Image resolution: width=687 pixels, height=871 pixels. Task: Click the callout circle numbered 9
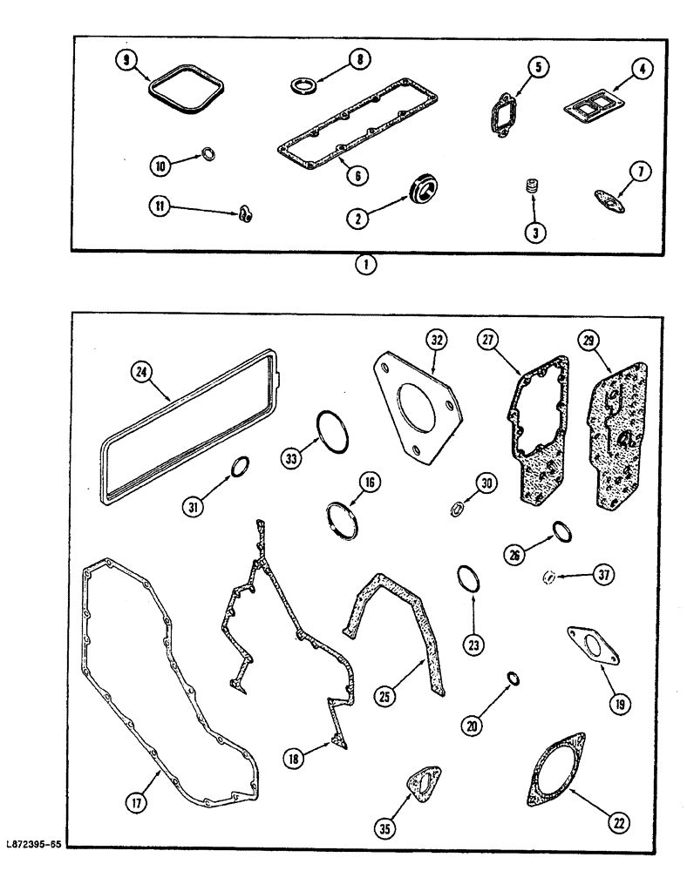point(127,62)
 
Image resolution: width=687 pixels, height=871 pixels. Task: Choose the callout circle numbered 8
point(357,59)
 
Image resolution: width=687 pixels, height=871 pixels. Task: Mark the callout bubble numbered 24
point(140,372)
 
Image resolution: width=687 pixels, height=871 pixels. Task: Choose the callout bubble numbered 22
point(617,821)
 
